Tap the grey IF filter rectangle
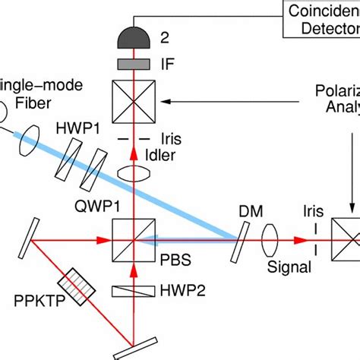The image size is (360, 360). click(134, 61)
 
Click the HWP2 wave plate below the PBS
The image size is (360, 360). click(134, 289)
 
